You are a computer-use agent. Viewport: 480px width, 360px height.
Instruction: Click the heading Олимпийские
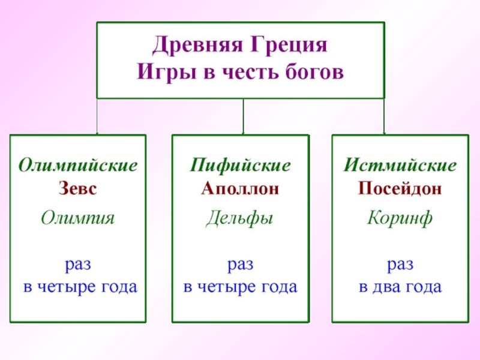(77, 165)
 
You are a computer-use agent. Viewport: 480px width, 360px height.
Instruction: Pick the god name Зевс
(77, 188)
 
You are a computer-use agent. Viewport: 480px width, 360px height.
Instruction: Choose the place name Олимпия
(77, 217)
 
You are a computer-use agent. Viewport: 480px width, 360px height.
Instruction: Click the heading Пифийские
(240, 165)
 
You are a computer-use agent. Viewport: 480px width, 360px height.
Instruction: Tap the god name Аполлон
(240, 188)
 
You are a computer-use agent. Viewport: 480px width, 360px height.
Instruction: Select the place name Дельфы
(240, 217)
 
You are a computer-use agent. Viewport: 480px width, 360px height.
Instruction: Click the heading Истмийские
(400, 165)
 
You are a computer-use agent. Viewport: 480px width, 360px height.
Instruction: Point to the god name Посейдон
(400, 188)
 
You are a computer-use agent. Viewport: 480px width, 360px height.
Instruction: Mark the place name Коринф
(400, 217)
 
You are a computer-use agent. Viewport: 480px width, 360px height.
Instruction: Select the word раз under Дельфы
(240, 264)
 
